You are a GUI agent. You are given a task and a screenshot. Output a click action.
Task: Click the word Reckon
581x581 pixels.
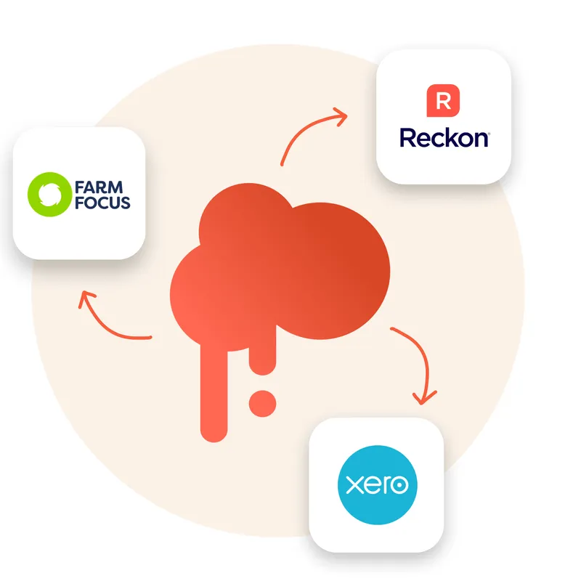(x=444, y=138)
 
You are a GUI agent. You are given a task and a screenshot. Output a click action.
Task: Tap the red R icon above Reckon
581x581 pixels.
(x=444, y=101)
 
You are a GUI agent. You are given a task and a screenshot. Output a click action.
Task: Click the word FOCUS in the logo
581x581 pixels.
(x=102, y=202)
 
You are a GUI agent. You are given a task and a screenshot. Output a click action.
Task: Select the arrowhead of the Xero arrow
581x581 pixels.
(x=424, y=397)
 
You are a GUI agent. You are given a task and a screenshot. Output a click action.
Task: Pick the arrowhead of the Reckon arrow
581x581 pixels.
(x=338, y=115)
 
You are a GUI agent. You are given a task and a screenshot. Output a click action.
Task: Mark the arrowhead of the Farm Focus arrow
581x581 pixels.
(x=88, y=298)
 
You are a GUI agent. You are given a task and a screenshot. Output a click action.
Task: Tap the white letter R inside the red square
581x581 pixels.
(x=444, y=101)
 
